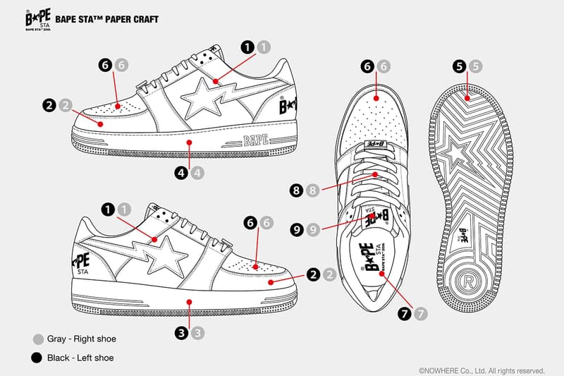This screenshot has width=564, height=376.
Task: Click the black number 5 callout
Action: [x=460, y=67]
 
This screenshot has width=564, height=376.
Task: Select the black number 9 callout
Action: [x=296, y=229]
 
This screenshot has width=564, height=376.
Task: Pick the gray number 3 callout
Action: [x=198, y=332]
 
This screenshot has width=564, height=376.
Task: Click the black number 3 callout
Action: [x=182, y=332]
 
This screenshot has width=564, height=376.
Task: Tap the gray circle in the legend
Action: [x=37, y=339]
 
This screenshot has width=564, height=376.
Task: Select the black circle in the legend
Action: [x=37, y=358]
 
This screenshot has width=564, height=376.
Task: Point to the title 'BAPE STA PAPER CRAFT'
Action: [x=116, y=20]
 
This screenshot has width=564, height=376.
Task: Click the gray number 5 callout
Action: [x=476, y=67]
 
